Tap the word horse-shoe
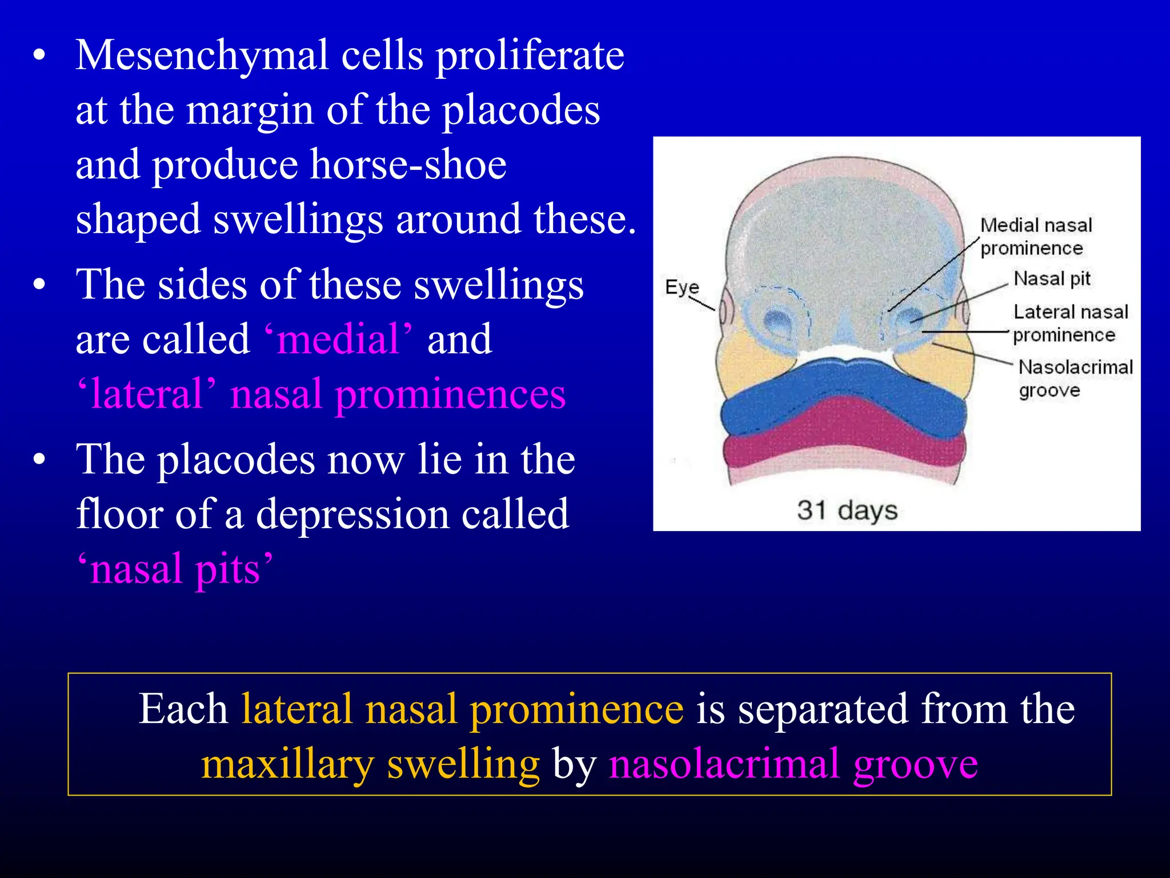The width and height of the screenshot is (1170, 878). pos(408,165)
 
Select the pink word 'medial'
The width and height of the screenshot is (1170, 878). pos(338,339)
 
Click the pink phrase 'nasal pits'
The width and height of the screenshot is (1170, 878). pos(175,569)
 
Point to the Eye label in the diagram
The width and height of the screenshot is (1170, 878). pos(682,287)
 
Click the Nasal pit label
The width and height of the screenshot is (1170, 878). pos(1051,278)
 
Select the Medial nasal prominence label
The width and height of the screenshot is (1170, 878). pos(1035,236)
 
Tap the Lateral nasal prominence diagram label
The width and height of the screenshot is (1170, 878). pos(1069,323)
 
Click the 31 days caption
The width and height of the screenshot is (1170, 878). pos(847,510)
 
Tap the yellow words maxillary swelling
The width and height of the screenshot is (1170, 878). pos(370,764)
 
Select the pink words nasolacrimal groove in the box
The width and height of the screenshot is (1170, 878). pos(793,764)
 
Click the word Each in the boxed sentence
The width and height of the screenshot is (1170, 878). pos(183,709)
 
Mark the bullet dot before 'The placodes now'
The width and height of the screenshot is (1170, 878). pos(39,459)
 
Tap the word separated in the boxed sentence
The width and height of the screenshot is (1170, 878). pos(822,709)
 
